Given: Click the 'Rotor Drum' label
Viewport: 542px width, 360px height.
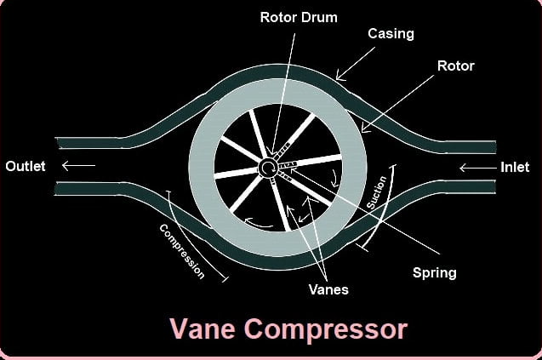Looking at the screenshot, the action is [299, 17].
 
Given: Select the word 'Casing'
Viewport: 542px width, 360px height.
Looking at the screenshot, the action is [391, 33].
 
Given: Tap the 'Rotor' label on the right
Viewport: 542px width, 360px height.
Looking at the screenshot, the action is [455, 66].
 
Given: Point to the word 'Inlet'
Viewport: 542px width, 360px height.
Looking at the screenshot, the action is [515, 167].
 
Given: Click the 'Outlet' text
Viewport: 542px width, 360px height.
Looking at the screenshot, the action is [26, 166].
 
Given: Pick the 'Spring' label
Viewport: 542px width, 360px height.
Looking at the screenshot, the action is [435, 273].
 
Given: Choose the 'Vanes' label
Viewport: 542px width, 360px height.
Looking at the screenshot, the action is [328, 289].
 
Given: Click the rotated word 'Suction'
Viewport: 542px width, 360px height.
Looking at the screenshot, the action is [376, 192].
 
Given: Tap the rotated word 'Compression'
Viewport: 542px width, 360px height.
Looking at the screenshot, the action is [182, 251].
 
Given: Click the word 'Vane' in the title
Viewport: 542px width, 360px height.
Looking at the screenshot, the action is [203, 329].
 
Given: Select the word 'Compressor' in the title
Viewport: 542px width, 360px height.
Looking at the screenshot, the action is [326, 329].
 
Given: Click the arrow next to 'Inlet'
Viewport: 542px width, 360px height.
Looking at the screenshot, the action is [478, 168].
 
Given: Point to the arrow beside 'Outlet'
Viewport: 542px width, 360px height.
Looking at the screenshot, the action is [78, 166].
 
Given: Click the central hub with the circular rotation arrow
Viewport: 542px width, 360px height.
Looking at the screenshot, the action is [267, 168].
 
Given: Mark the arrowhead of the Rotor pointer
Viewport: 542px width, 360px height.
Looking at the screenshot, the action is [364, 129].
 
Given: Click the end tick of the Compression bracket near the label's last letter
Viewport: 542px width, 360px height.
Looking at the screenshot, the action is [225, 279].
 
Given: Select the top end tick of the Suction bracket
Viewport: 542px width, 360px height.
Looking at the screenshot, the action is [393, 166].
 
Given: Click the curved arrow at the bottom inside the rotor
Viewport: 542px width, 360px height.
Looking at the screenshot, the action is [258, 223].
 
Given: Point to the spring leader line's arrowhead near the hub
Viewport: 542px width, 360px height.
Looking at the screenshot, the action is [294, 170].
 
